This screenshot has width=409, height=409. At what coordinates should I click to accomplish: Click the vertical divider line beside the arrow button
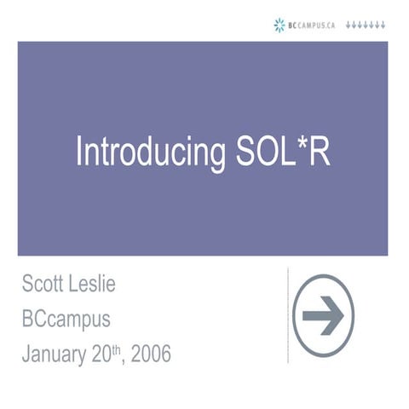click(288, 315)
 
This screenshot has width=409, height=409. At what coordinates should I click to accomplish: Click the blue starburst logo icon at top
click(279, 26)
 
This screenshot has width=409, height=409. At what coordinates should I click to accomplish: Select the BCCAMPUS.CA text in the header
click(313, 26)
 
